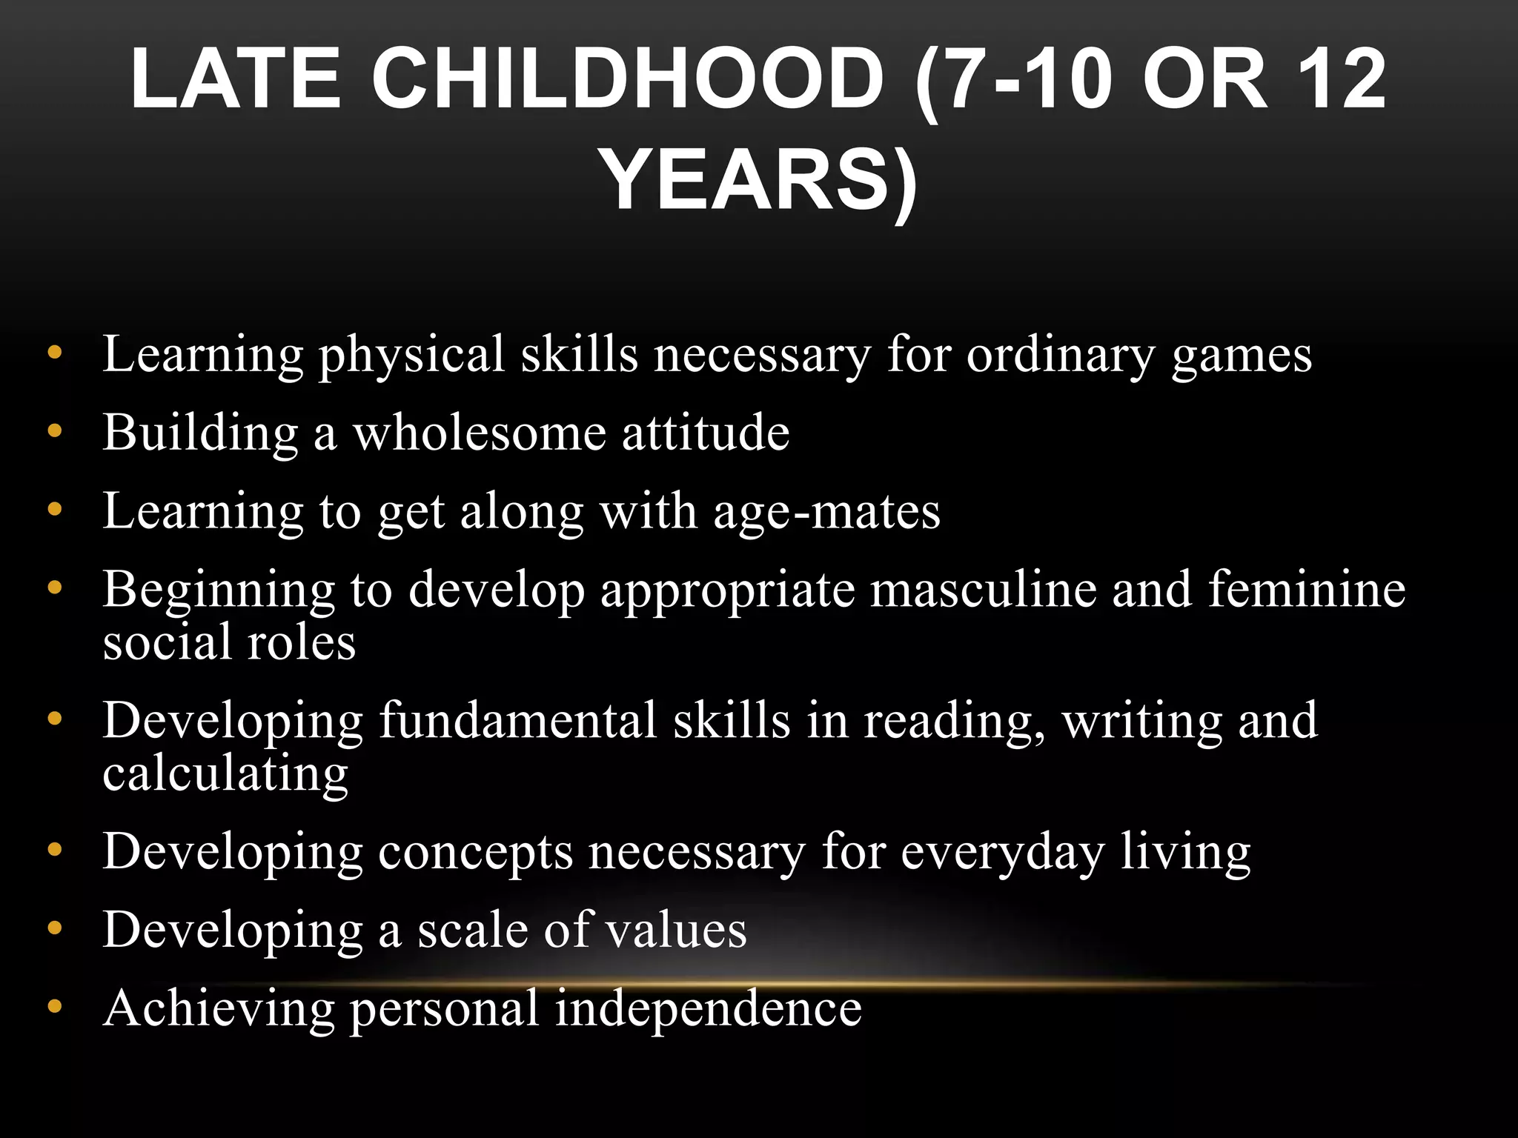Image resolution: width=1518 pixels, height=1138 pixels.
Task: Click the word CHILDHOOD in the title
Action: tap(627, 79)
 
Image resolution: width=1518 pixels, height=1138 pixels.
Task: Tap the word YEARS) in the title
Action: tap(759, 182)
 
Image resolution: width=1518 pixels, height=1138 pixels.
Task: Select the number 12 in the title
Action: tap(1342, 79)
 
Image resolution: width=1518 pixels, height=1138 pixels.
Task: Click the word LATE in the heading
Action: tap(236, 79)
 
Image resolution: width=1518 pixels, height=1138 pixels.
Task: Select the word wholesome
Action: tap(479, 433)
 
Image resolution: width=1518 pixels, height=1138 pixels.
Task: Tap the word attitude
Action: tap(706, 433)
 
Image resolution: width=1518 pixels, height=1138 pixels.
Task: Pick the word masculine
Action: tap(983, 590)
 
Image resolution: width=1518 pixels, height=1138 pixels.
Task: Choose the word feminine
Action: tap(1307, 590)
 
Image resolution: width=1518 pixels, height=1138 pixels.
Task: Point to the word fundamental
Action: tap(518, 720)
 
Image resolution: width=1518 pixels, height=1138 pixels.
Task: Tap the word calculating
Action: tap(225, 773)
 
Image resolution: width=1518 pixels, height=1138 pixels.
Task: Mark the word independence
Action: tap(709, 1009)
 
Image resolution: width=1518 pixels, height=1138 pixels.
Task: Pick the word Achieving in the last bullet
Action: tap(219, 1009)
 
